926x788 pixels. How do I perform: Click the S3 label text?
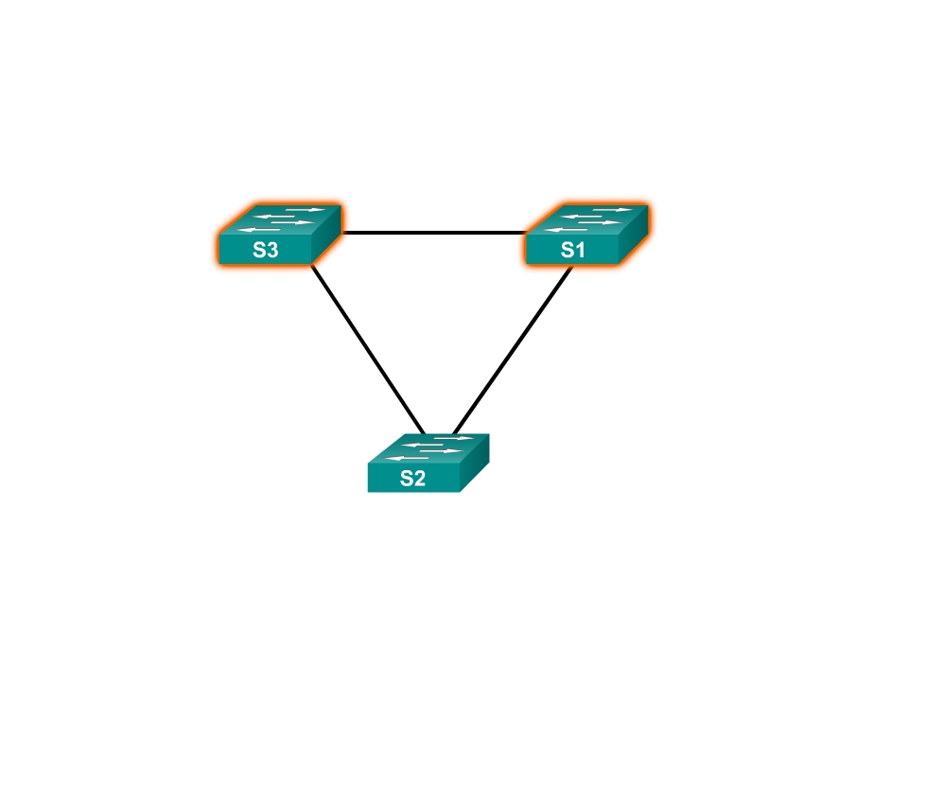265,250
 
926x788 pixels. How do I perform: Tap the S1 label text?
573,250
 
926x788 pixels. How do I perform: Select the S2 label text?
412,478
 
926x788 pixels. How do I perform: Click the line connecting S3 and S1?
433,233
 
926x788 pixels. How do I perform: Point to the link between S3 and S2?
367,350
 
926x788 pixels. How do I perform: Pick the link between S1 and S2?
513,351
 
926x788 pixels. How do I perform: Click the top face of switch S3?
281,219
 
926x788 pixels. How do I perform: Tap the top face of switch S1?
587,219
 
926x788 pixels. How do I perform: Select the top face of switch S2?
429,448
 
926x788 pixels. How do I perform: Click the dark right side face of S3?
326,234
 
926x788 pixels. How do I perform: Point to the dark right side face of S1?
634,234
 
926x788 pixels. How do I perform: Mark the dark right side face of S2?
475,463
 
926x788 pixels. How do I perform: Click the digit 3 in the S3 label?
271,250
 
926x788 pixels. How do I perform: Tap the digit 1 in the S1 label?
580,250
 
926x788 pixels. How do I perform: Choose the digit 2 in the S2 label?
419,478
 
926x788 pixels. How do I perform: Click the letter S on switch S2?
406,478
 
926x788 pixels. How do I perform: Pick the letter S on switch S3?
258,250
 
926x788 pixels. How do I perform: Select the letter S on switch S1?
567,250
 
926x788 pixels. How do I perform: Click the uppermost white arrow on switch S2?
454,438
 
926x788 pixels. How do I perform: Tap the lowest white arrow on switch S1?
566,230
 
